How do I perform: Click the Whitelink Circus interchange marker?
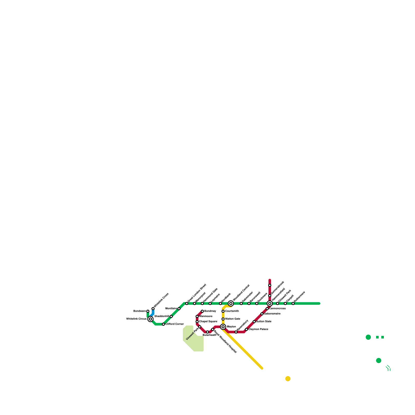click(150, 319)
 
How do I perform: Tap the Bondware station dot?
click(148, 311)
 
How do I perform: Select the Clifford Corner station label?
click(175, 324)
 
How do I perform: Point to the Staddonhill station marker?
click(171, 316)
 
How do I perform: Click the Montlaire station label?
click(171, 309)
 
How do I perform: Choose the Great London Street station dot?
click(187, 303)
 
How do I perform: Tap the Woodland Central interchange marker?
click(231, 303)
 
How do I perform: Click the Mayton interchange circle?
click(223, 327)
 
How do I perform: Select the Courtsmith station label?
click(232, 311)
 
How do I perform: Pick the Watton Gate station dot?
click(223, 319)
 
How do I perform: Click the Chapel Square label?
click(208, 322)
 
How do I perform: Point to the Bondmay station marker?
click(202, 311)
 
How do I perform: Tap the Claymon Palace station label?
click(258, 329)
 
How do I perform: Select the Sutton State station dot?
click(254, 322)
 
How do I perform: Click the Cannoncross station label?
click(277, 309)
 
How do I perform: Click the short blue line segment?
click(152, 313)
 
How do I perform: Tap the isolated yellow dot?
click(288, 379)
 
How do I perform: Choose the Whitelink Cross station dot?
click(153, 309)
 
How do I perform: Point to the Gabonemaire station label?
click(272, 314)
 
